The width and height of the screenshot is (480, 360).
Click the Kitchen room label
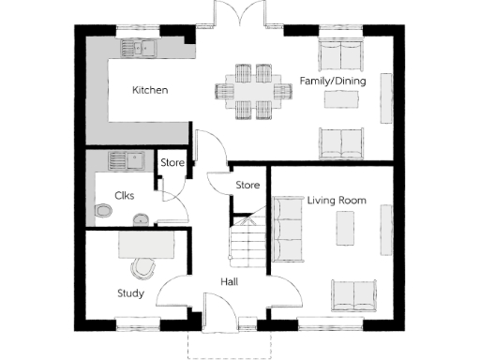pyautogui.click(x=150, y=91)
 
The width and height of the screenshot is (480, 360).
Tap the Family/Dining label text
pyautogui.click(x=332, y=82)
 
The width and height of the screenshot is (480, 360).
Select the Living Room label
pyautogui.click(x=337, y=201)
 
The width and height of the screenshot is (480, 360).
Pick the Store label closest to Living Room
pyautogui.click(x=247, y=185)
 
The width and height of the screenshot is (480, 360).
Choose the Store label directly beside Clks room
pyautogui.click(x=172, y=163)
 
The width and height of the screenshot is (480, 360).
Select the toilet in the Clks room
pyautogui.click(x=103, y=211)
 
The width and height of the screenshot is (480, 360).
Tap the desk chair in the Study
pyautogui.click(x=142, y=266)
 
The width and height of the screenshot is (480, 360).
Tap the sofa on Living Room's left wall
pyautogui.click(x=288, y=228)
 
